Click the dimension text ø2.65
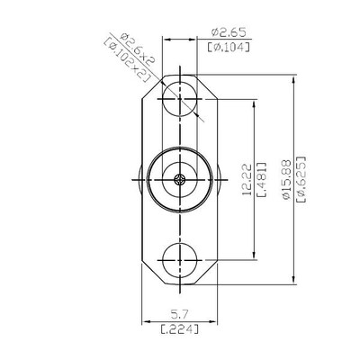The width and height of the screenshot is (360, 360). point(228,29)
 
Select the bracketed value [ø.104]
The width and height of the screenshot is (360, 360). point(228,46)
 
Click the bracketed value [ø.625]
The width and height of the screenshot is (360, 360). point(300,180)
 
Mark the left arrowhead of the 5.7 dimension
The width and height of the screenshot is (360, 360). point(147,322)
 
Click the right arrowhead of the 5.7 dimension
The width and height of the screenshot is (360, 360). point(215,322)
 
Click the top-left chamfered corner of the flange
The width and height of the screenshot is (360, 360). point(146,86)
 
